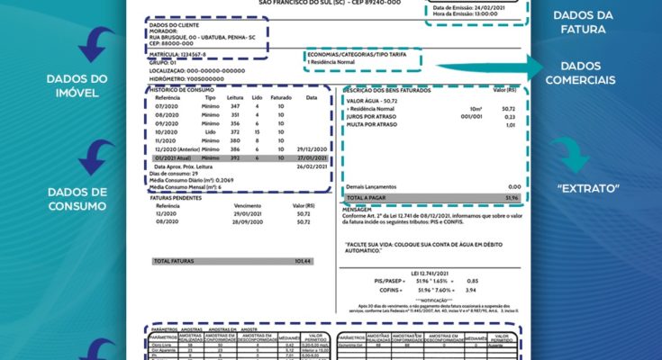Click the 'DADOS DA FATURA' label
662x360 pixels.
[x=585, y=22]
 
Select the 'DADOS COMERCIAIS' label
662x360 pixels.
[x=586, y=73]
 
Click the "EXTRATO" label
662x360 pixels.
[x=586, y=189]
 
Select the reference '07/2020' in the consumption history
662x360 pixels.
[x=168, y=106]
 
